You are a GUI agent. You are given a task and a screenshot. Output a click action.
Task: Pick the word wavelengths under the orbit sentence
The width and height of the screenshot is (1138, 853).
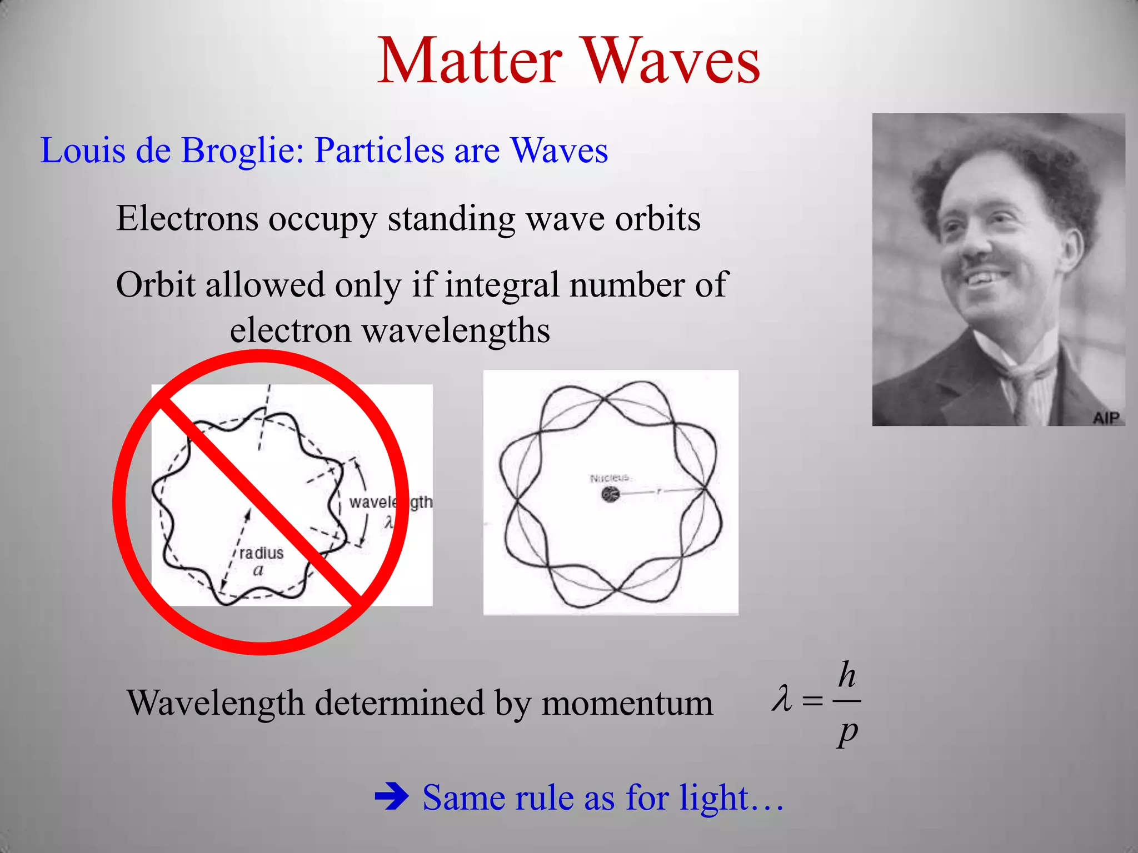pyautogui.click(x=456, y=331)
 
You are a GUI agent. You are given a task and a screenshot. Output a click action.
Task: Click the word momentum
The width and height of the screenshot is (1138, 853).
pyautogui.click(x=627, y=704)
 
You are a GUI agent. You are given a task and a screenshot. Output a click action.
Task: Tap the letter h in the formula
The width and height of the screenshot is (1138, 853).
pyautogui.click(x=847, y=675)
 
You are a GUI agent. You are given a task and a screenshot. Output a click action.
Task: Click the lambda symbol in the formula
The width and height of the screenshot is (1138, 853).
pyautogui.click(x=782, y=699)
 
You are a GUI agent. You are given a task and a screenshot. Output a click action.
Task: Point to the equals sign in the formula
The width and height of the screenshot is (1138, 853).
pyautogui.click(x=812, y=701)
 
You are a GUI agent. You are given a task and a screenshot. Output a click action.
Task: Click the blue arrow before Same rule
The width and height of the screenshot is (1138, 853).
pyautogui.click(x=391, y=798)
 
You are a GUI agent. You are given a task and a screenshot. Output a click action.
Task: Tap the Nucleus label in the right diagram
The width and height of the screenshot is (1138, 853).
pyautogui.click(x=610, y=478)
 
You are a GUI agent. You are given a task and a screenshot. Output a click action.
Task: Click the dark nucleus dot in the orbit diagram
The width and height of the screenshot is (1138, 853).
pyautogui.click(x=610, y=493)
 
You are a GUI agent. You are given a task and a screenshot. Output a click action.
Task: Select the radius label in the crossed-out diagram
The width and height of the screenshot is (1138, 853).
pyautogui.click(x=261, y=553)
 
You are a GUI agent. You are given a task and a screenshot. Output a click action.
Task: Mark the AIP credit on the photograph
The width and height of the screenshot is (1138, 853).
pyautogui.click(x=1106, y=417)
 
